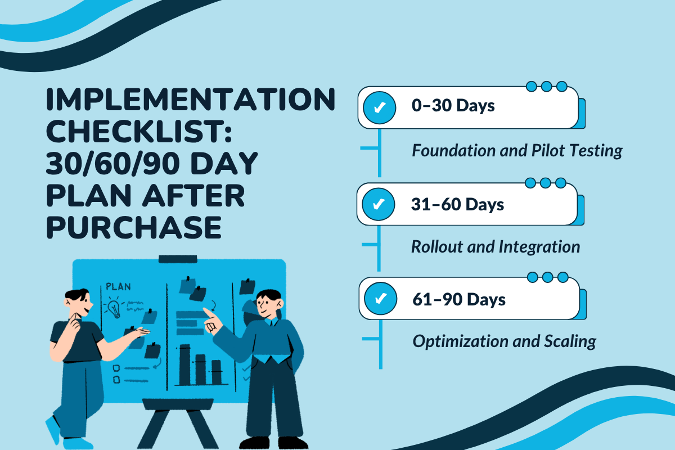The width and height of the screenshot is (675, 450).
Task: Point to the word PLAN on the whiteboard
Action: click(x=118, y=287)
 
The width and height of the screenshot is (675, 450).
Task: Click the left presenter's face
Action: click(x=80, y=304)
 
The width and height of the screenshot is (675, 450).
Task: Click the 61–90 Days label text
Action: click(x=458, y=299)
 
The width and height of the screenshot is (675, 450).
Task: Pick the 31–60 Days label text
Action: click(x=457, y=204)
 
